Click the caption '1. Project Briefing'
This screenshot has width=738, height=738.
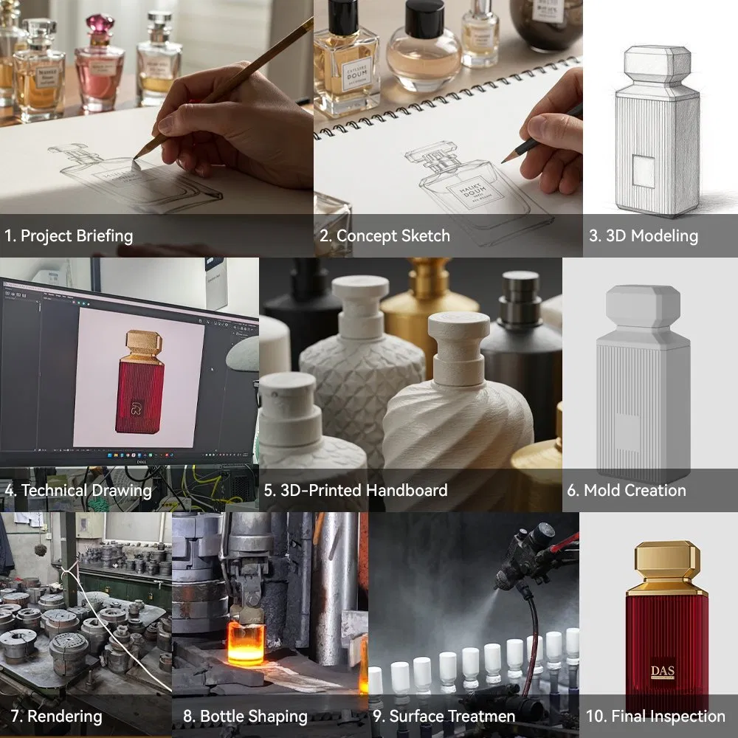point(69,236)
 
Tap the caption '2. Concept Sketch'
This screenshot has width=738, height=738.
point(384,236)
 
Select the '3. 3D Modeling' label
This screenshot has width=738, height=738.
point(643,236)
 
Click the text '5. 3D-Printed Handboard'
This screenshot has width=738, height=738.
point(356,490)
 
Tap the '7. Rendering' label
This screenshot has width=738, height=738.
point(55,716)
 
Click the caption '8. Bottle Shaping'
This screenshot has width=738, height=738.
point(245,716)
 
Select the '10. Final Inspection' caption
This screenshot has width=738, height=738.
point(655,716)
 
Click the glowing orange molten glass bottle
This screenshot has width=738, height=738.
point(244,643)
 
